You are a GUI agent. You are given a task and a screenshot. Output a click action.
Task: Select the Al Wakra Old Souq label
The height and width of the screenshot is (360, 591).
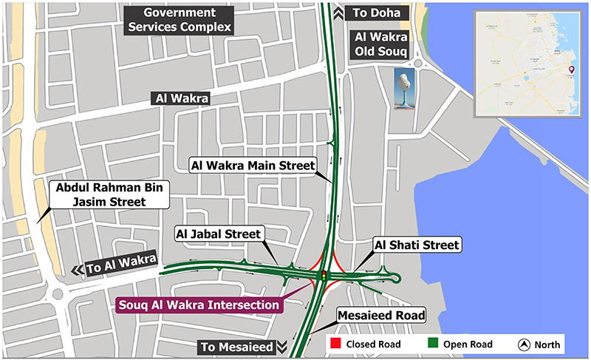[x=382, y=43]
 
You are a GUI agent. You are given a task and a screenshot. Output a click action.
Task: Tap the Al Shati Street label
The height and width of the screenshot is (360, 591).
[x=417, y=245]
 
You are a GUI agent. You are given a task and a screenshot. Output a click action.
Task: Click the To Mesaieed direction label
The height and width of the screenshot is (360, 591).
[x=237, y=346]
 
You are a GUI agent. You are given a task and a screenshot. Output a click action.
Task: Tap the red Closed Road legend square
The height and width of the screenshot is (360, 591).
[x=335, y=344]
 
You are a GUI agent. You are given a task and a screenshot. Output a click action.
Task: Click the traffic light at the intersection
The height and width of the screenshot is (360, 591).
[x=323, y=276]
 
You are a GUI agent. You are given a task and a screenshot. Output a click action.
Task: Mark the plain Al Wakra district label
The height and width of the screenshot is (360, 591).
[x=181, y=98]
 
